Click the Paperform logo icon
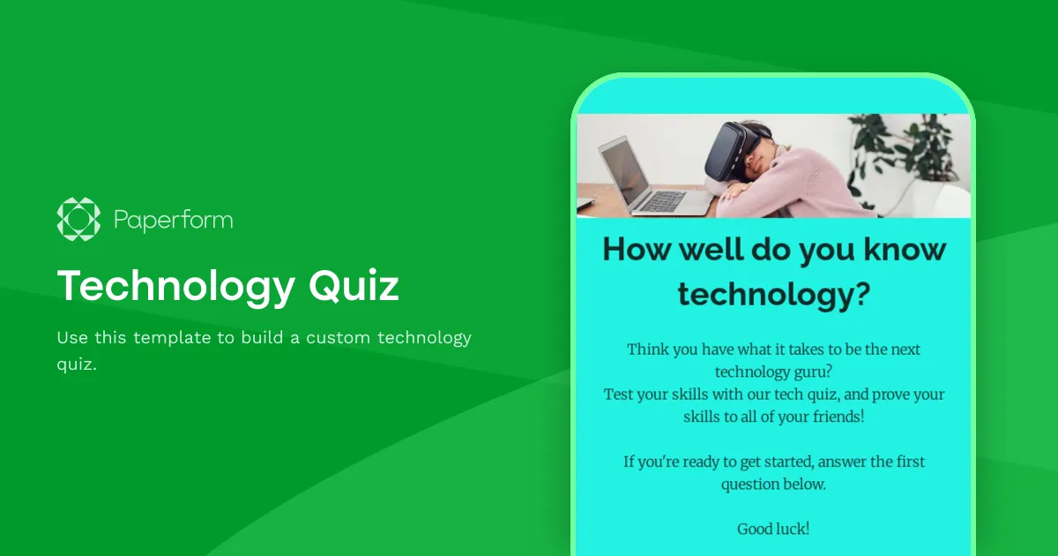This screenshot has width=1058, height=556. (78, 219)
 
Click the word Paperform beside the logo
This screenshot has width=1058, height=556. (173, 220)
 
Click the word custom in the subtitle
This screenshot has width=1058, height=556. (338, 338)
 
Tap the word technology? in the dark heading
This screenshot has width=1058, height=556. (774, 294)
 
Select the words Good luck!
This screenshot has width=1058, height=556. (773, 529)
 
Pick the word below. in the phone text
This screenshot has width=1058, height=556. (804, 484)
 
